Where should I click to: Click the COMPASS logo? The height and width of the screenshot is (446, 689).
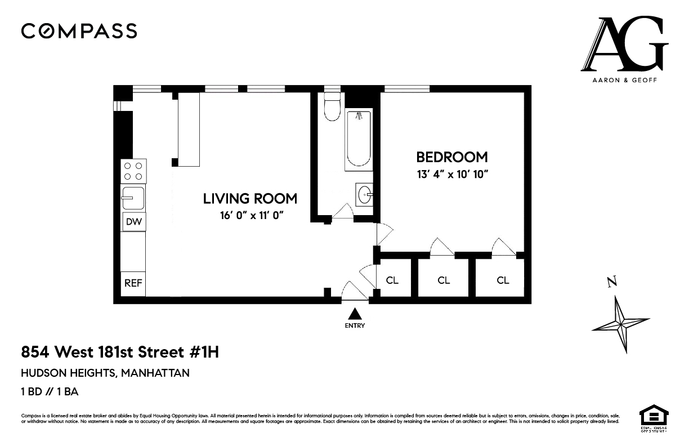[x=79, y=31]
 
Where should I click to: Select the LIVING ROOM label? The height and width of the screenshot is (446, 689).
[x=250, y=198]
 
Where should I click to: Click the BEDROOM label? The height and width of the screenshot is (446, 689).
[x=451, y=157]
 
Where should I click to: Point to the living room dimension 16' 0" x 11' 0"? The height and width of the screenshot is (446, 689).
[x=250, y=215]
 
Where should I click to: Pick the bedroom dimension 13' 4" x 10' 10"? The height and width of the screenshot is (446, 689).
[x=451, y=174]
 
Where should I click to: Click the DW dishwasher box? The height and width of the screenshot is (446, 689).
[x=133, y=222]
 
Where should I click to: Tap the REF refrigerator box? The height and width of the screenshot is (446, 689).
[x=133, y=283]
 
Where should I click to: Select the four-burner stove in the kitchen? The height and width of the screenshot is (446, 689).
[x=133, y=171]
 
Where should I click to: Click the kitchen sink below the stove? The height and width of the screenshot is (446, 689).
[x=133, y=198]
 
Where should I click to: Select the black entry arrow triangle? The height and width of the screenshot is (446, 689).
[x=355, y=314]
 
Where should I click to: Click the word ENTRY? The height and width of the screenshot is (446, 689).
[x=355, y=325]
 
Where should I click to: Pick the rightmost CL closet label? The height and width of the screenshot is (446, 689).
[x=503, y=280]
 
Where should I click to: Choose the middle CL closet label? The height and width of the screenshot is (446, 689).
[x=444, y=280]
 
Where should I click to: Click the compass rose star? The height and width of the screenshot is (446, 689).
[x=621, y=324]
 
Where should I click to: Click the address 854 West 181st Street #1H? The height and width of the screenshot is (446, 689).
[x=119, y=353]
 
